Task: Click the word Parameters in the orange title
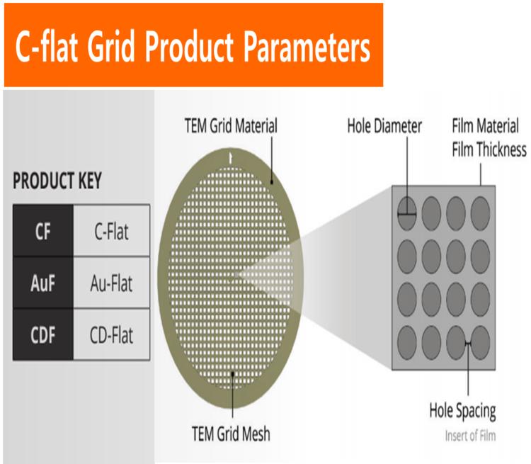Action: click(x=307, y=47)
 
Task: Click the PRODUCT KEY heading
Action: click(x=57, y=181)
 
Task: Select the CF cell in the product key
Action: click(x=43, y=230)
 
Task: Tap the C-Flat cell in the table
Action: click(x=111, y=230)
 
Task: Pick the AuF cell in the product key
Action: click(x=43, y=283)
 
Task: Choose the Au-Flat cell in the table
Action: click(x=111, y=283)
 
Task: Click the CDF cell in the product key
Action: click(x=43, y=334)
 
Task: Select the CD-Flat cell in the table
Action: click(x=111, y=334)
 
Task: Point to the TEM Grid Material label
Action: click(x=231, y=126)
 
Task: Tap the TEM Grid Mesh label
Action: click(x=231, y=434)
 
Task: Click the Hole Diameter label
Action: click(x=384, y=126)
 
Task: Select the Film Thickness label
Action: click(x=489, y=149)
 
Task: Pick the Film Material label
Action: click(x=485, y=126)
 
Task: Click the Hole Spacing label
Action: click(x=462, y=411)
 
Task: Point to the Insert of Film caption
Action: click(x=470, y=436)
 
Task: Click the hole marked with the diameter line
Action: click(x=406, y=213)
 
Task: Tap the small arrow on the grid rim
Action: click(x=231, y=158)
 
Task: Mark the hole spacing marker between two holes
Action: click(x=469, y=344)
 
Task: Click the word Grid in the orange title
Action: click(x=111, y=47)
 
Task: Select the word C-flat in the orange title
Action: click(x=47, y=47)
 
